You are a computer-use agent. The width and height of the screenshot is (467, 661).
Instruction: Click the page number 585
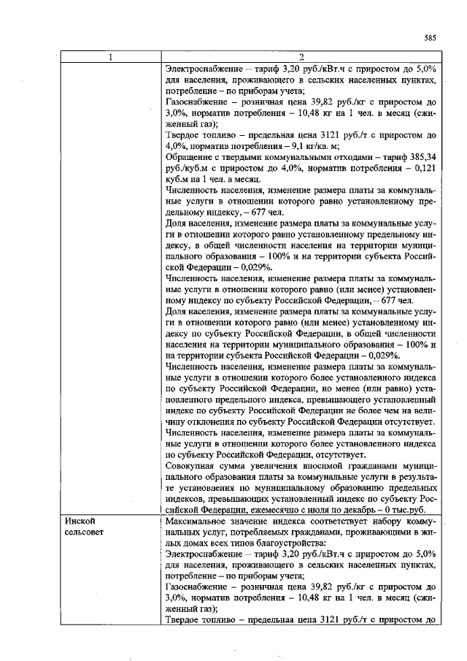(430, 38)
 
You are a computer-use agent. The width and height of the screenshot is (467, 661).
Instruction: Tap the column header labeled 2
(301, 58)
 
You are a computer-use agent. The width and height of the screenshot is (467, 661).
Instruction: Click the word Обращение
(192, 157)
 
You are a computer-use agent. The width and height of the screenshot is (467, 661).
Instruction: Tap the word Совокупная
(195, 464)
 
